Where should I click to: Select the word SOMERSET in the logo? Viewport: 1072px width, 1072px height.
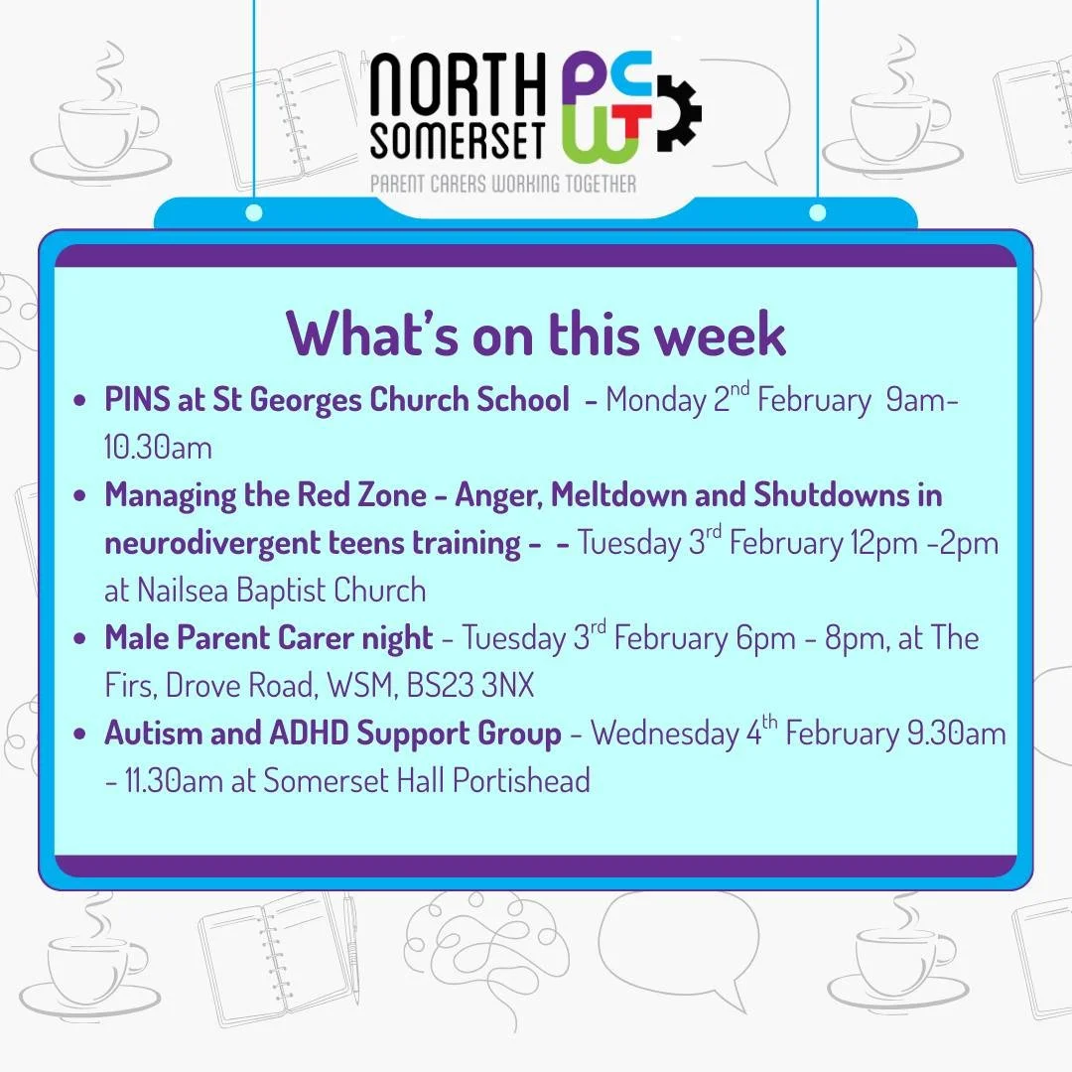point(458,143)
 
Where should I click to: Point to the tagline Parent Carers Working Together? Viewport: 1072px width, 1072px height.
point(503,183)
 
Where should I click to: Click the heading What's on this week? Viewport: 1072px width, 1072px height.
point(536,334)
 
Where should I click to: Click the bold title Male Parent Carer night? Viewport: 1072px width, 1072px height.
point(268,637)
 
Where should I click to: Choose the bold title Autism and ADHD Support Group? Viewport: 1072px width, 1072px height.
point(333,734)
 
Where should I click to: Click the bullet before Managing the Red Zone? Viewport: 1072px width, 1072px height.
point(80,496)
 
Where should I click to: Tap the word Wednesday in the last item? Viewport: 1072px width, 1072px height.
point(664,735)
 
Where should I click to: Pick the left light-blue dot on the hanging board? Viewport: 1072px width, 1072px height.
point(254,212)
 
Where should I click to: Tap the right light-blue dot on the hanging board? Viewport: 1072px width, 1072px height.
point(818,212)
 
